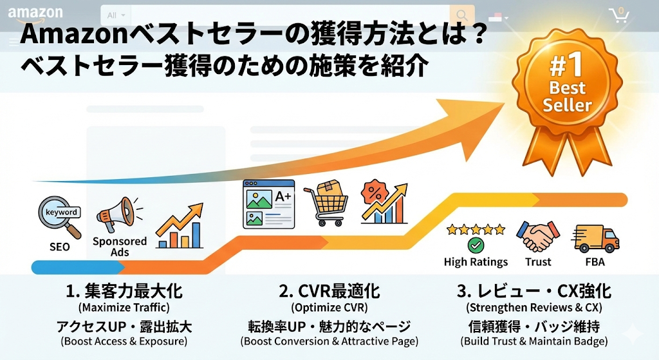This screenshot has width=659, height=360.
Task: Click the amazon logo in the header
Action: point(35,13)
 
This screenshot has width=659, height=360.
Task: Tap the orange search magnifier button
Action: point(461,15)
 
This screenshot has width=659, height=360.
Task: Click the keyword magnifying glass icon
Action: point(60,216)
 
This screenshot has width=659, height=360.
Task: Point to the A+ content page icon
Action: point(268,204)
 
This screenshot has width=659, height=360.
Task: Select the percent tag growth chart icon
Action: point(384,200)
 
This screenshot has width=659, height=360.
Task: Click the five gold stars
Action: point(476,229)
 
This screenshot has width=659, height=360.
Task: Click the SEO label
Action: point(59,247)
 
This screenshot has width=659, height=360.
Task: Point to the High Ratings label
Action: point(476,262)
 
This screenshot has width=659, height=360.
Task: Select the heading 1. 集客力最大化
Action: point(124,291)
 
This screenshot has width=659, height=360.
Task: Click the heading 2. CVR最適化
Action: point(329,291)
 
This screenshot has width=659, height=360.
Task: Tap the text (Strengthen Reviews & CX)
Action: point(534,308)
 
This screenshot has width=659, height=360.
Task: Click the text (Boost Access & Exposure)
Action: point(124,341)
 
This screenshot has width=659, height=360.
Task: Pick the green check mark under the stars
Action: point(476,245)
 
